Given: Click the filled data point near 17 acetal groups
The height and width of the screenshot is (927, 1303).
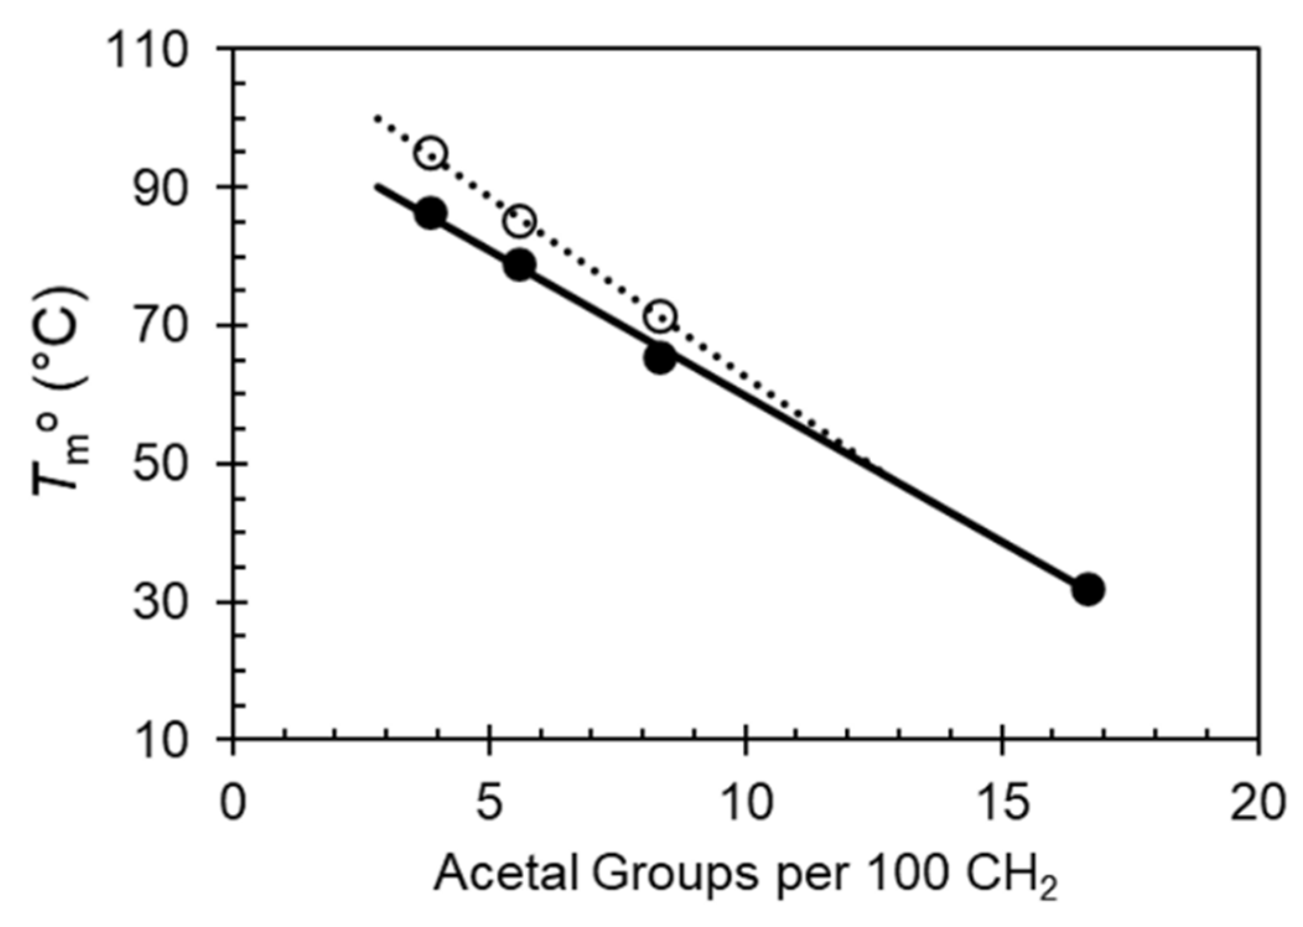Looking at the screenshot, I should coord(1088,589).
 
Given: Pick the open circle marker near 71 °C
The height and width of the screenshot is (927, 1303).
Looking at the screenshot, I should coord(660,316).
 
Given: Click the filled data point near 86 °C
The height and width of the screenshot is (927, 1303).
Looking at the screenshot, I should coord(430,214).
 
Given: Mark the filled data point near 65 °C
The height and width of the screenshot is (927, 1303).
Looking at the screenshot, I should coord(660,358).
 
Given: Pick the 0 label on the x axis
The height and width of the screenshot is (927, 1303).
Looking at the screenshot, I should coord(233,803).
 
